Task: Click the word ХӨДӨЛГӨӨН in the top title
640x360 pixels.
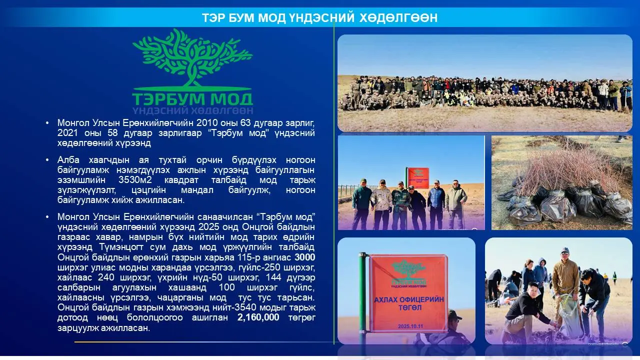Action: [398, 17]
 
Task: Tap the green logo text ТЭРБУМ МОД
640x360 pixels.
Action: [192, 99]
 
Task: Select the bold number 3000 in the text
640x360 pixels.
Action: [305, 257]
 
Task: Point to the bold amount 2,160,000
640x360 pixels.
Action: [258, 317]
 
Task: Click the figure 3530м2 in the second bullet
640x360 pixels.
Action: [135, 180]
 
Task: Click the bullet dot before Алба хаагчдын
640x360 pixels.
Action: [47, 160]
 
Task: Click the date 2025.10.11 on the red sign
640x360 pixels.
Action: [410, 326]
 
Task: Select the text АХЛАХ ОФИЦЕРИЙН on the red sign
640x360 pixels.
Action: [409, 299]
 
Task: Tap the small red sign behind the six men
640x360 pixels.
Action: [417, 178]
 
